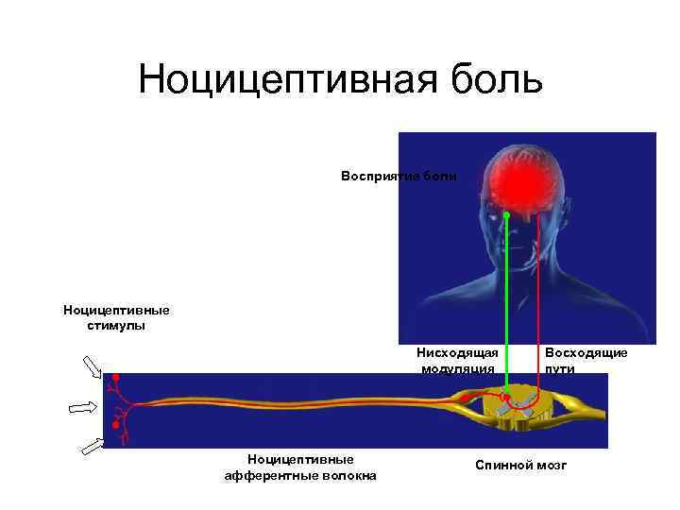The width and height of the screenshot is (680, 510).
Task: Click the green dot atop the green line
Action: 506,216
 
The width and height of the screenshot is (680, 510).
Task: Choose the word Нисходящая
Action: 458,352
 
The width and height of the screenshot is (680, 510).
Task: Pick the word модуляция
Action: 458,368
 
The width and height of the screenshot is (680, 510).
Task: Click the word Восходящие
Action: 586,352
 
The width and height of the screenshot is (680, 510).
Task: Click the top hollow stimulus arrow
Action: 93,366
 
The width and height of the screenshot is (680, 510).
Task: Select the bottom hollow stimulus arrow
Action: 93,446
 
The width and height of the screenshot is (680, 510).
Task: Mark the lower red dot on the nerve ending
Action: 115,426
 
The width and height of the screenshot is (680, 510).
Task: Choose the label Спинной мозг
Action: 521,466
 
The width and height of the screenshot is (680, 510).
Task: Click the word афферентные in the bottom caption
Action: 265,475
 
